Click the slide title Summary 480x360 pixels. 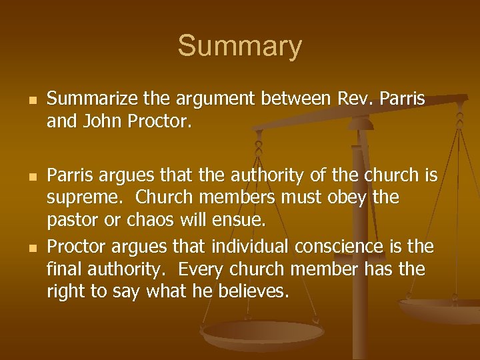tap(239, 46)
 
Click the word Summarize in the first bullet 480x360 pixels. tap(87, 100)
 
